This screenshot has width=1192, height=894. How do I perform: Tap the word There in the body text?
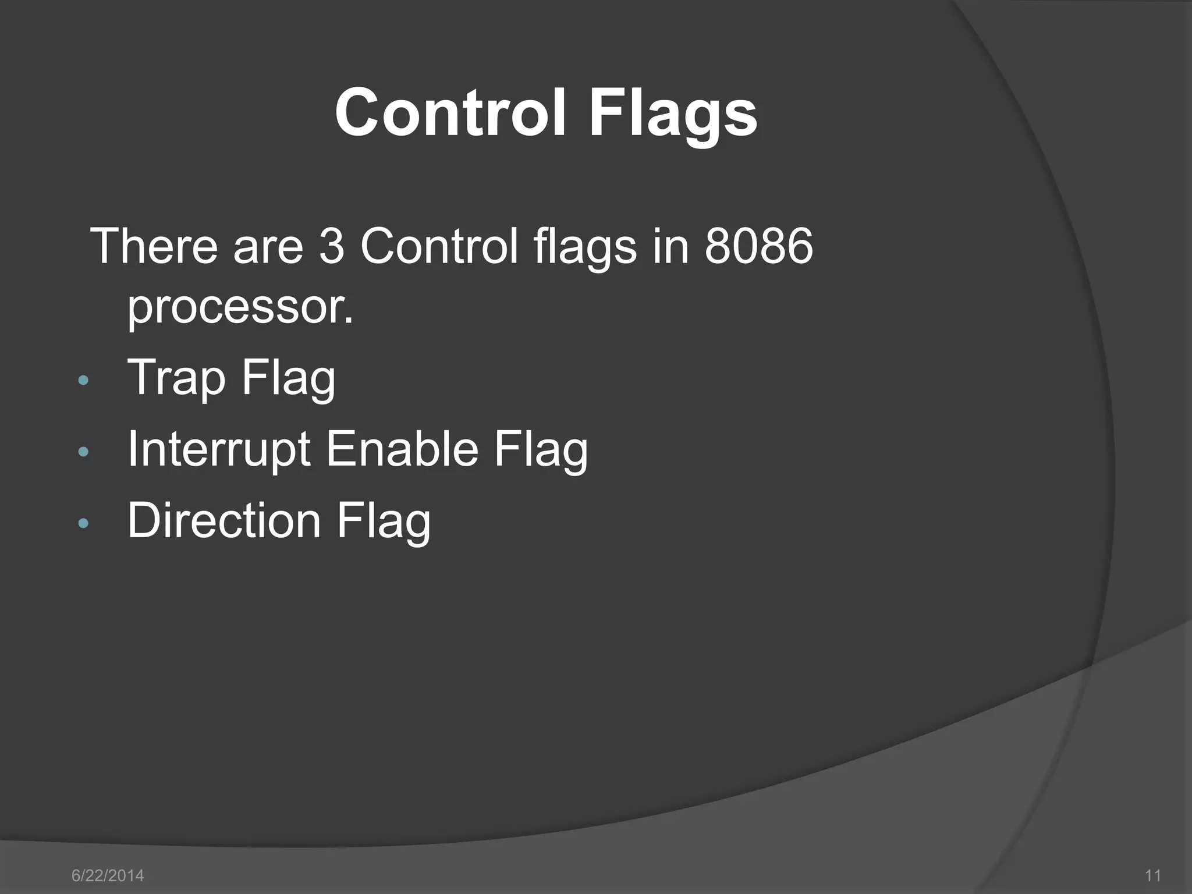154,246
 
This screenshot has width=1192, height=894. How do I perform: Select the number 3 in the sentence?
332,246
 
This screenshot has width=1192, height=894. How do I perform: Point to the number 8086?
758,246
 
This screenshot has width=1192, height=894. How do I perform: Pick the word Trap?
176,378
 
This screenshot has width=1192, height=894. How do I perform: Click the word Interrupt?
219,449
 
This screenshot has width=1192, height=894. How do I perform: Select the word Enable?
402,449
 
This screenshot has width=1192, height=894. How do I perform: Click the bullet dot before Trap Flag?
83,381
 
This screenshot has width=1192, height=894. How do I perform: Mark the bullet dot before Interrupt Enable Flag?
83,452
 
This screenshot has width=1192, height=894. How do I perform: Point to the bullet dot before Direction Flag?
83,523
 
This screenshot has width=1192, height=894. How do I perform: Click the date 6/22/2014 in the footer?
108,875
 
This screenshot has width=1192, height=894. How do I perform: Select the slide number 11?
1152,875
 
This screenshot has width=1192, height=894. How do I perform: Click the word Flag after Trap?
289,378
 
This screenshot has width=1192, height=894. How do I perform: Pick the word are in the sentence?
268,246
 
